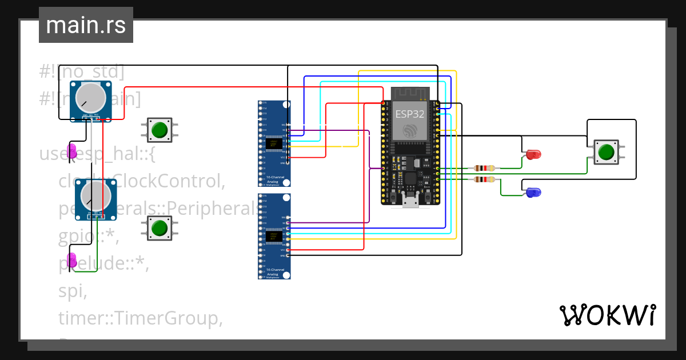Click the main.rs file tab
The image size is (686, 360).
(86, 25)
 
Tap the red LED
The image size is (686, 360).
(533, 154)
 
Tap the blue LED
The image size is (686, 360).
(533, 193)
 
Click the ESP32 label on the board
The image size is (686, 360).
(410, 113)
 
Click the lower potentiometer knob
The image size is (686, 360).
(94, 195)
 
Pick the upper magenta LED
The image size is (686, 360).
(72, 151)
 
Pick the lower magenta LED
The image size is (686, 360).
(72, 260)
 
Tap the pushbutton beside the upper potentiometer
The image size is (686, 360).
(159, 130)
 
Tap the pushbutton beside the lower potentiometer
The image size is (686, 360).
(159, 228)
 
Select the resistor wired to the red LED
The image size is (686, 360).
(485, 168)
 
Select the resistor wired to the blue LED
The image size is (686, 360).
(485, 179)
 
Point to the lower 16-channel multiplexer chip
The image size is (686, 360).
(274, 237)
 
